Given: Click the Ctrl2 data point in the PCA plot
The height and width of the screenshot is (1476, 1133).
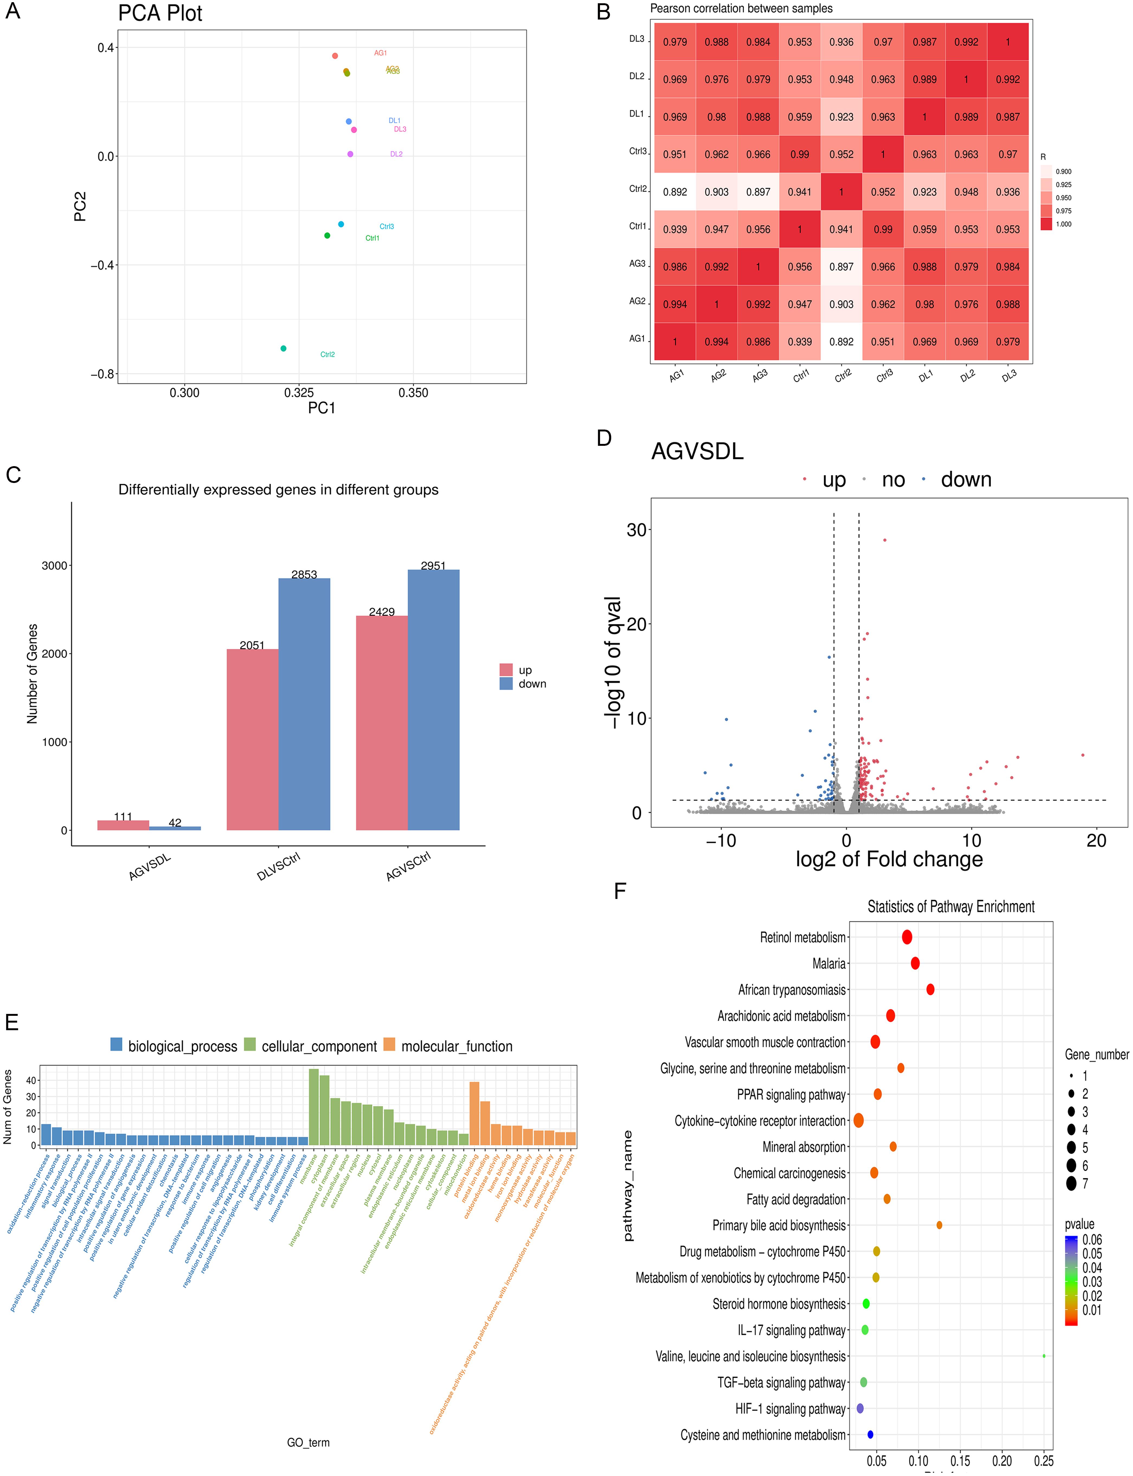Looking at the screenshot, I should click(283, 348).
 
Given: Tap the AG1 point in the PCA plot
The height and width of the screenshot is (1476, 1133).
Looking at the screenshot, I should click(335, 56).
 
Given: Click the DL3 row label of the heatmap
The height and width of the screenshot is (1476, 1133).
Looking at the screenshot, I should click(637, 39).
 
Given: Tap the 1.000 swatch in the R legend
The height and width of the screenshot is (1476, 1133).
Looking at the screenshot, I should click(1046, 224).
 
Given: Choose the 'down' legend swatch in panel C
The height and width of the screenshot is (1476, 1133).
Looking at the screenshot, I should click(506, 683).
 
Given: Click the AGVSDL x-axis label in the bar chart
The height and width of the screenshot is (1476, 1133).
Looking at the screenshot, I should click(150, 867).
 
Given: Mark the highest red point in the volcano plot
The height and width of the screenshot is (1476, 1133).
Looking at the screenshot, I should click(885, 540).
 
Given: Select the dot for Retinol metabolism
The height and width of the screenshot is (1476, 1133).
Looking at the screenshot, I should click(907, 937).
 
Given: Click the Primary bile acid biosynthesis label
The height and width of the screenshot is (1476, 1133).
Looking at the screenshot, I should click(779, 1225).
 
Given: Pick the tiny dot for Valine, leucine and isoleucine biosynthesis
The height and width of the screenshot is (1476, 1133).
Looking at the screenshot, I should click(1044, 1356).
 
